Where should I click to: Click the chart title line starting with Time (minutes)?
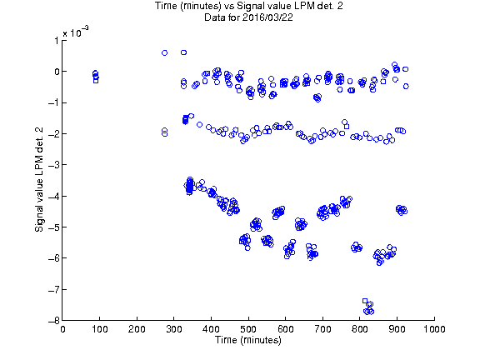click(248, 6)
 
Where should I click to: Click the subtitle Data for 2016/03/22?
click(248, 17)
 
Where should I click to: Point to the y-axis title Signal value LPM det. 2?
click(39, 179)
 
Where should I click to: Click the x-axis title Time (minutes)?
click(248, 340)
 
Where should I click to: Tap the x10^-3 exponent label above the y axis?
click(76, 32)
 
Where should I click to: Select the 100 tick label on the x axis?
click(100, 329)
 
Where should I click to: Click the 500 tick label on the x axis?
click(248, 329)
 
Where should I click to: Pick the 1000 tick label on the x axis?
click(434, 329)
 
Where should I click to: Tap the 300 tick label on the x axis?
click(174, 329)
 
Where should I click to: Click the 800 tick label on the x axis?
click(360, 329)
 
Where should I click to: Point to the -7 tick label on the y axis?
click(53, 289)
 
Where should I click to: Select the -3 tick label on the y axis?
click(53, 165)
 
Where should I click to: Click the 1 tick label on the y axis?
click(57, 40)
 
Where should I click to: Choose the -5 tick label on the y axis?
click(53, 227)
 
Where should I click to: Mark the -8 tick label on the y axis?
click(53, 321)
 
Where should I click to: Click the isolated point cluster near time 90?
click(96, 77)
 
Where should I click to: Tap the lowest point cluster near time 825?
click(368, 307)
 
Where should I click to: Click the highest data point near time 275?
click(164, 53)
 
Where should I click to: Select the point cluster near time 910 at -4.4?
click(402, 210)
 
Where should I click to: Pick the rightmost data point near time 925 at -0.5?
click(406, 87)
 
